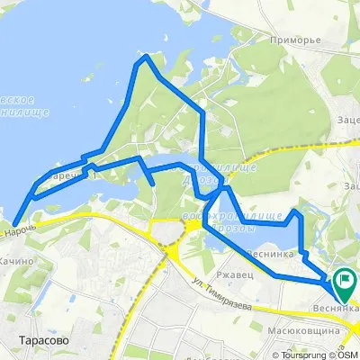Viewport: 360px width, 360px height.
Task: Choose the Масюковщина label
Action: [312, 331]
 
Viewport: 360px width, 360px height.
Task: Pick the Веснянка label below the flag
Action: [339, 308]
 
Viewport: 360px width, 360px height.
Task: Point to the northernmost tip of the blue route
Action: [145, 58]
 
